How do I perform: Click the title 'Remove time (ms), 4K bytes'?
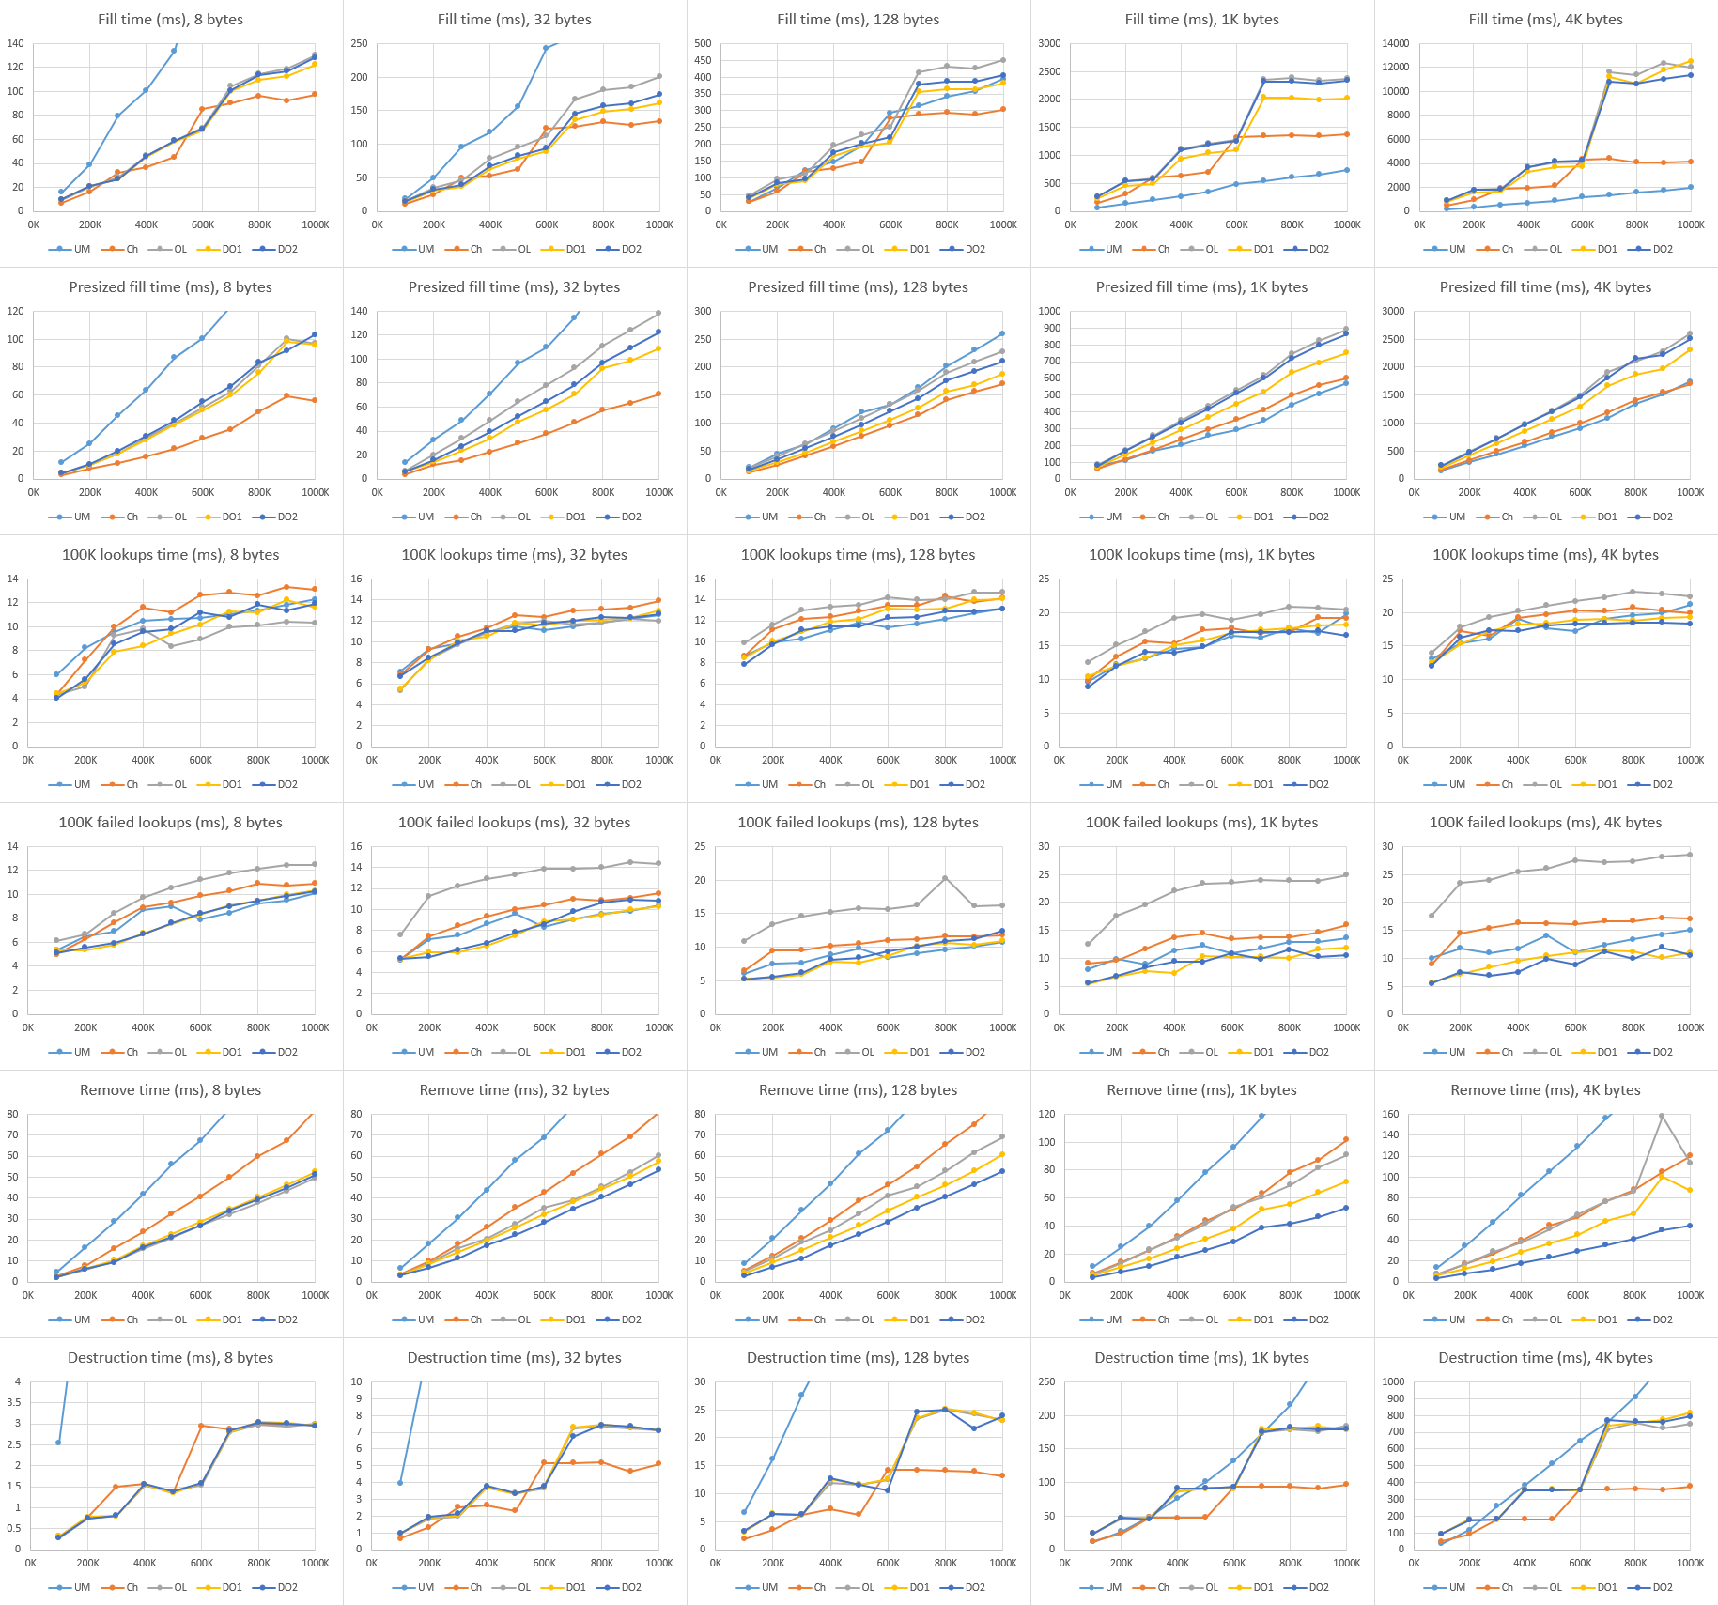click(1545, 1089)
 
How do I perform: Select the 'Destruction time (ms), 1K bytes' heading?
click(1201, 1357)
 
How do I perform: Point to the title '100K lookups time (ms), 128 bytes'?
click(858, 554)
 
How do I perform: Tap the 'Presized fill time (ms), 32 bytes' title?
click(514, 286)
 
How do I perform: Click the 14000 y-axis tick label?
click(1396, 43)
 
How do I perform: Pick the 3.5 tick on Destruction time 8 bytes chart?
click(14, 1402)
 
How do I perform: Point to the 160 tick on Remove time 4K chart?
click(1390, 1114)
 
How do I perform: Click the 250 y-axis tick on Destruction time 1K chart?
click(1046, 1381)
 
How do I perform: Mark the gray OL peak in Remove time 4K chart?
click(1662, 1116)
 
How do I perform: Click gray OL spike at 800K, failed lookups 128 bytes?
click(945, 878)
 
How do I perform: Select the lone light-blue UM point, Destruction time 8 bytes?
click(58, 1443)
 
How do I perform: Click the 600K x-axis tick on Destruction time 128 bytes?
click(889, 1563)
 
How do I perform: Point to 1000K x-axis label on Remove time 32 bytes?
click(658, 1295)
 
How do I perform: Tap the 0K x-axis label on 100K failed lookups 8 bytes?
click(28, 1027)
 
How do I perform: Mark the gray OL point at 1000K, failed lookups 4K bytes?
click(1690, 855)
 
